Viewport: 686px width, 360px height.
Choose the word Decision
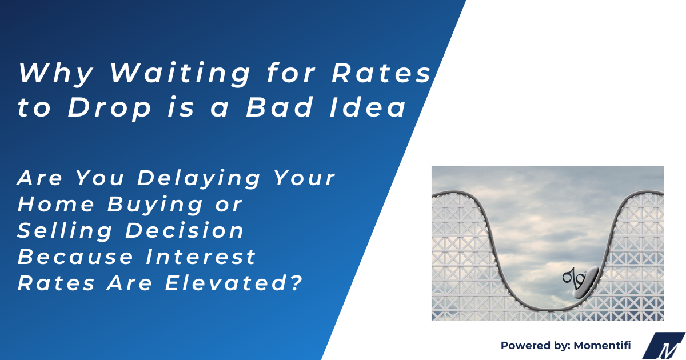coord(193,231)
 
